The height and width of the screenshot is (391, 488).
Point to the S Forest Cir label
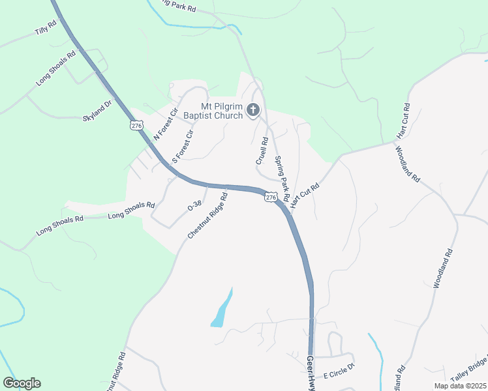pos(183,147)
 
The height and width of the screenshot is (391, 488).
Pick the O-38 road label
pos(194,205)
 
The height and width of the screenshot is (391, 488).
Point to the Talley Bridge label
pos(469,375)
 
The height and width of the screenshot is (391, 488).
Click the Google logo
pos(22,383)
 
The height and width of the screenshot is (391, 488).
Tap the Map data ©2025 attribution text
pos(460,386)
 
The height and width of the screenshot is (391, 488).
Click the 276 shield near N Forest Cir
pos(136,125)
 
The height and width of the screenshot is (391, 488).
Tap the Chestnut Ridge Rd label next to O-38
pos(207,215)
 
